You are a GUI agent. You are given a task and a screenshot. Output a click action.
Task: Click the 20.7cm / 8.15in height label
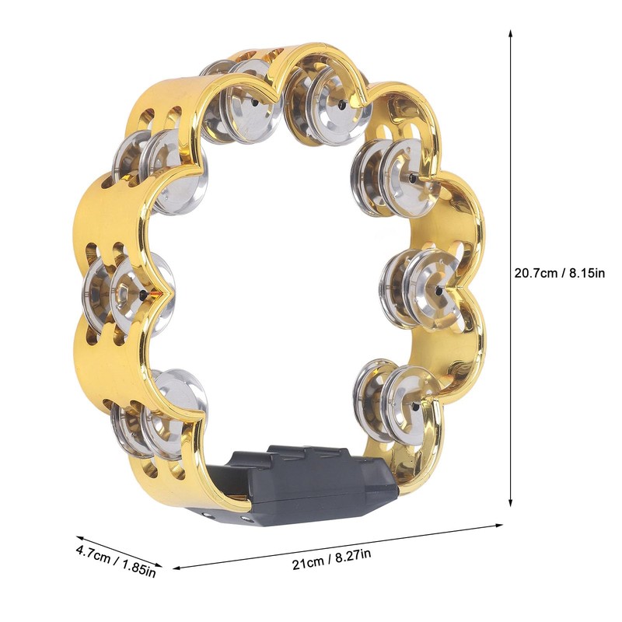point(559,273)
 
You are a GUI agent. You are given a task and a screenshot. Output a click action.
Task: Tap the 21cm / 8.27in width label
point(332,558)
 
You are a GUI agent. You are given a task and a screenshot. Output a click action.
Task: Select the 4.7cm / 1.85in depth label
point(115,561)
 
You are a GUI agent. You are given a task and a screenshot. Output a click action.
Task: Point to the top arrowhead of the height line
point(511,33)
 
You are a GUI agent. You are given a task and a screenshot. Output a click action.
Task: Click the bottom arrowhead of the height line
point(511,502)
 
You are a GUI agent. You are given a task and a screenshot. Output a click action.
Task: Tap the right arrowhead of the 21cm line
point(498,526)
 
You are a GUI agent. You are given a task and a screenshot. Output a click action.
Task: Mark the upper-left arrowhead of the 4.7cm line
point(80,538)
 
